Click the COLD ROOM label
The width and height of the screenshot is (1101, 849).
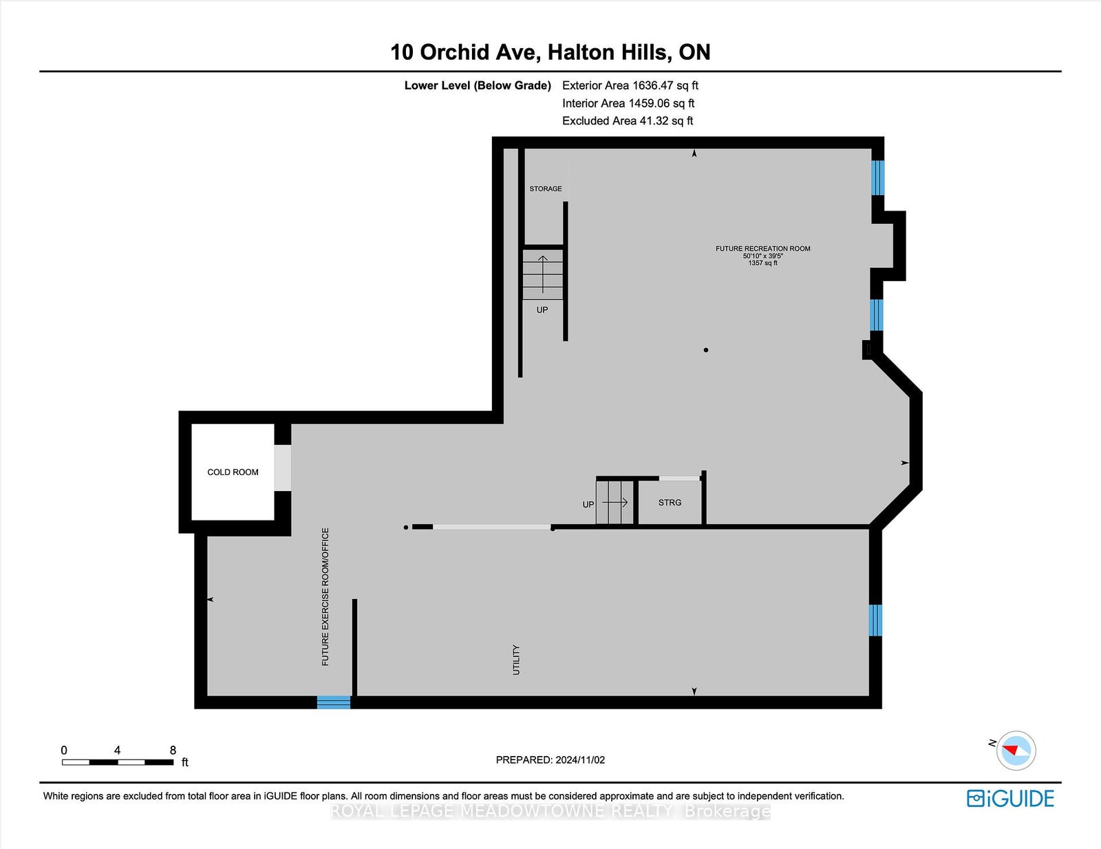click(x=233, y=472)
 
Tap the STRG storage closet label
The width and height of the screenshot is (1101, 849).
click(x=670, y=502)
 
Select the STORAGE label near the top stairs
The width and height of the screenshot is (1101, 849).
click(x=545, y=189)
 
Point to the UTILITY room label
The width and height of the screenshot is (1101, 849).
click(x=516, y=660)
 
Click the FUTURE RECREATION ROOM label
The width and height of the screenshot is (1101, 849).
click(x=762, y=249)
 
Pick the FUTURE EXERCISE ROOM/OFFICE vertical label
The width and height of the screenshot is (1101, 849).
click(x=325, y=596)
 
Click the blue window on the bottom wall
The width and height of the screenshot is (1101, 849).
click(x=333, y=702)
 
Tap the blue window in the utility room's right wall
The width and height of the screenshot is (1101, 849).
click(x=875, y=620)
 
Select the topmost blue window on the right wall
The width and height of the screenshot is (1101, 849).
click(x=877, y=178)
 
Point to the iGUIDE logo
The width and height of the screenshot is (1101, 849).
click(x=1010, y=798)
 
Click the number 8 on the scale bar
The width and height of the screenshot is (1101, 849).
click(x=173, y=750)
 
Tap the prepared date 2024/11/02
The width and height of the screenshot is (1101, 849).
click(x=580, y=759)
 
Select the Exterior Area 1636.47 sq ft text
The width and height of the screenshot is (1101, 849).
click(x=630, y=85)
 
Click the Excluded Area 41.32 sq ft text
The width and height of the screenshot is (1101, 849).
click(x=628, y=120)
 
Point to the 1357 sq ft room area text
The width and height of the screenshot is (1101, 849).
click(x=762, y=262)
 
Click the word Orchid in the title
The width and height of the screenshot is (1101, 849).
click(x=455, y=52)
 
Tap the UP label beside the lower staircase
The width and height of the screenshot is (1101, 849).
click(x=588, y=504)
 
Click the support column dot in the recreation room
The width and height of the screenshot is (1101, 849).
click(x=706, y=350)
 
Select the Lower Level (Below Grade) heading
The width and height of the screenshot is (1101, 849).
click(x=478, y=85)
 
